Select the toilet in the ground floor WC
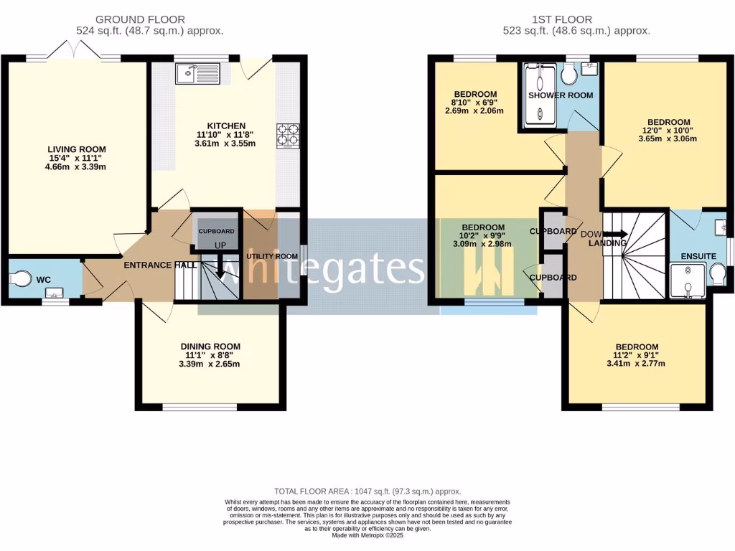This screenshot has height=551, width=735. pyautogui.click(x=22, y=278)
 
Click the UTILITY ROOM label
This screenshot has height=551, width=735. pyautogui.click(x=272, y=256)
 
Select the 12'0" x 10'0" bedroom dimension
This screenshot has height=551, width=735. pyautogui.click(x=668, y=131)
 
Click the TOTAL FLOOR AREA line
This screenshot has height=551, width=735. pyautogui.click(x=367, y=491)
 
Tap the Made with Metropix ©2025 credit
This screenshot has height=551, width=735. pyautogui.click(x=367, y=535)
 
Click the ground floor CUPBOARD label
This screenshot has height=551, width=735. pyautogui.click(x=216, y=231)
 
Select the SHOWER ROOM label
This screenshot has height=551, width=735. pyautogui.click(x=560, y=95)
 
